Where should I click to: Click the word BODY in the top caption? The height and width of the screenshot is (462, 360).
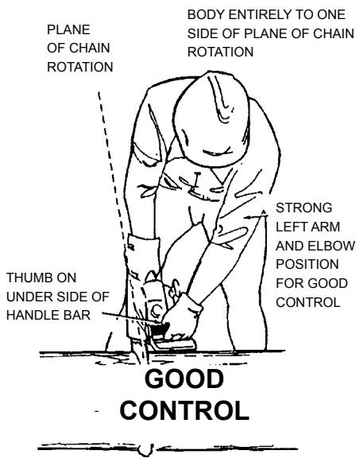tap(203, 15)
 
